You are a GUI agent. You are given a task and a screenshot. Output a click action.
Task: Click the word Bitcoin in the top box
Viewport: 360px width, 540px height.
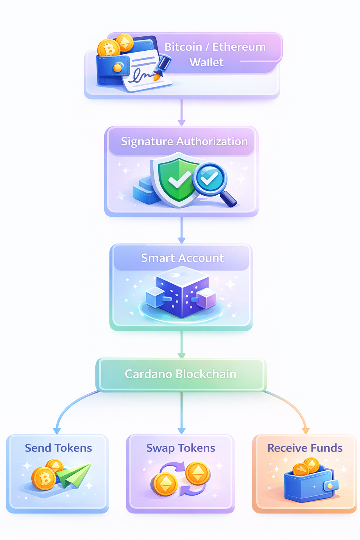click(183, 47)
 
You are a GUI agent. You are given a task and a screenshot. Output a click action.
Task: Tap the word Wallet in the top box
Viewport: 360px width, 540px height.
click(206, 62)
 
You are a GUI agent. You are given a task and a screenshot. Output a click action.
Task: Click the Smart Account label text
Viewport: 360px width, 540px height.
click(182, 258)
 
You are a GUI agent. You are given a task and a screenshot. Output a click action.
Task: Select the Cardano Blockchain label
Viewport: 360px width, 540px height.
click(181, 374)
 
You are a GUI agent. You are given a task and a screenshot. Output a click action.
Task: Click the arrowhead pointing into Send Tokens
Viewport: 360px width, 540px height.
click(57, 431)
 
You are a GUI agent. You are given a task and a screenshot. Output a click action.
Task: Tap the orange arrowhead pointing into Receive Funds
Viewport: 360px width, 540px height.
click(305, 431)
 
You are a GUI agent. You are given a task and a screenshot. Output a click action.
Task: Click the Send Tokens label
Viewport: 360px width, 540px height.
click(58, 448)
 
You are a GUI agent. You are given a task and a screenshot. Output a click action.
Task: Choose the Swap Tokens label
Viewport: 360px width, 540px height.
click(181, 448)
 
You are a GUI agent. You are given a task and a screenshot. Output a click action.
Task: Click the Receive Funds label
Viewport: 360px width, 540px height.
click(305, 448)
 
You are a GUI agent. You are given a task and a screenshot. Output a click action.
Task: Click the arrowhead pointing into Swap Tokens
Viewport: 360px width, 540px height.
click(181, 431)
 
